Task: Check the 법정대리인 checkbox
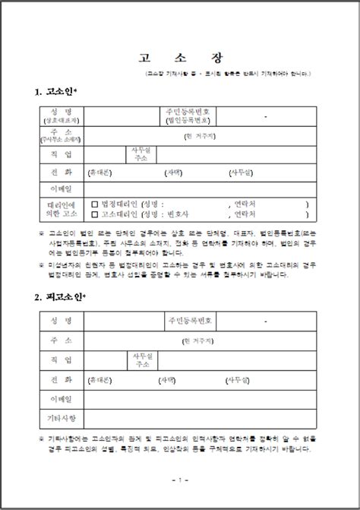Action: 95,204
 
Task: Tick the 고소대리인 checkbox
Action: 95,214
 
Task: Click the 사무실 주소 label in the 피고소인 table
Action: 142,359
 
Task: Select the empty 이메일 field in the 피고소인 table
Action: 201,398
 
